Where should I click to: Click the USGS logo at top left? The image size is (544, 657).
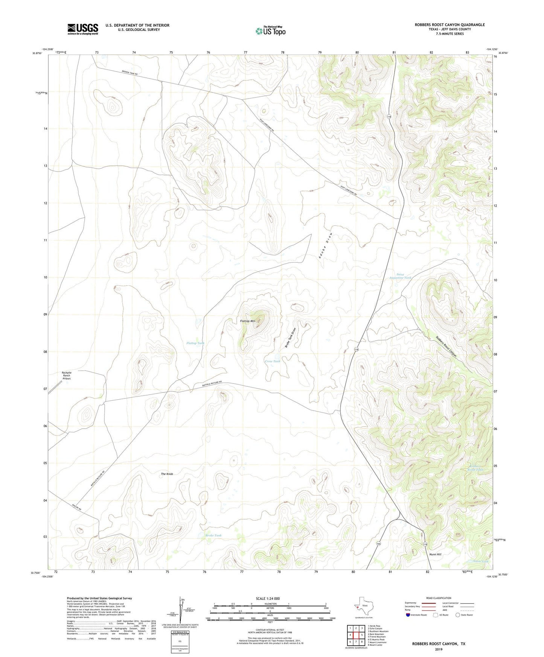click(x=82, y=29)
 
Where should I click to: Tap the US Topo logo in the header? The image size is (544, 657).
click(x=270, y=31)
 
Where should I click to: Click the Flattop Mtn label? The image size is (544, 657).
click(x=248, y=321)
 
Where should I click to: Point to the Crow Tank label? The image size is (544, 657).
click(x=272, y=361)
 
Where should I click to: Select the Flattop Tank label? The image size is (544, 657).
click(x=195, y=343)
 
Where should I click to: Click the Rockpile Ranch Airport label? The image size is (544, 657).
click(x=67, y=375)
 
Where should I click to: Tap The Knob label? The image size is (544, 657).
click(x=167, y=474)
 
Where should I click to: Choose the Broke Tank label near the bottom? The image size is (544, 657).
click(x=213, y=535)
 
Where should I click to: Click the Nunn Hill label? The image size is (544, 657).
click(x=435, y=554)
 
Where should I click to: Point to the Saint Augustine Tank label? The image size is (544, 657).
click(x=400, y=276)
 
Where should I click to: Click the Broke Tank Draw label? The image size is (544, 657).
click(x=290, y=338)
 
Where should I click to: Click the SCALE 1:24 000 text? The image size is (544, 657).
click(x=267, y=599)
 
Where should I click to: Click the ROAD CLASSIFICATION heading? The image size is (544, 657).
click(x=439, y=598)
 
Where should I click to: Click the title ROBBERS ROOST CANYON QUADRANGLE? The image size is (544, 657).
click(x=450, y=25)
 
